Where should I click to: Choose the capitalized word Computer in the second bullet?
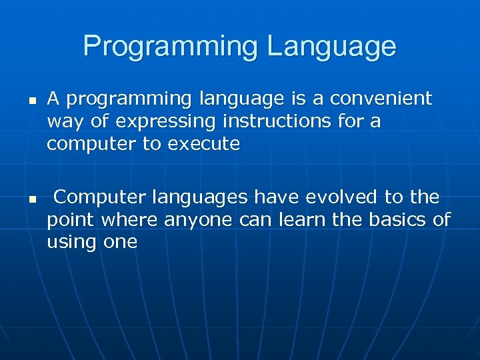click(x=101, y=198)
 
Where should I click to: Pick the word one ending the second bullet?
click(x=120, y=242)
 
